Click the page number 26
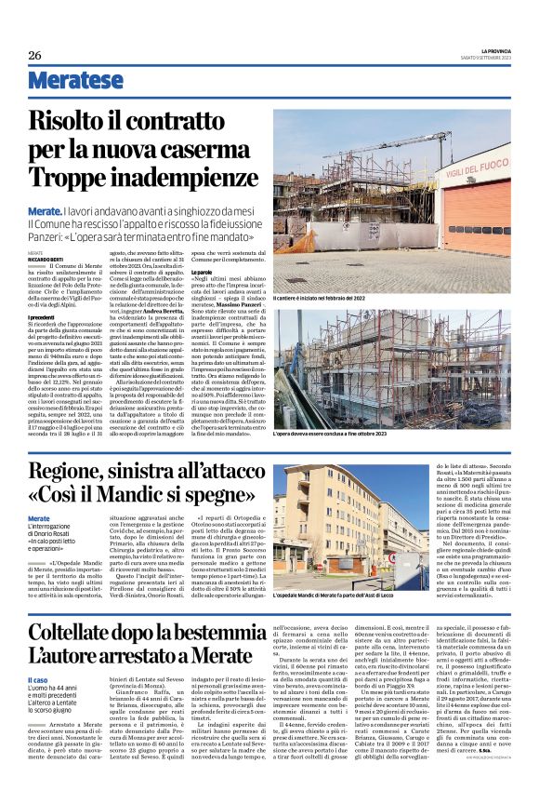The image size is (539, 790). click(34, 55)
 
